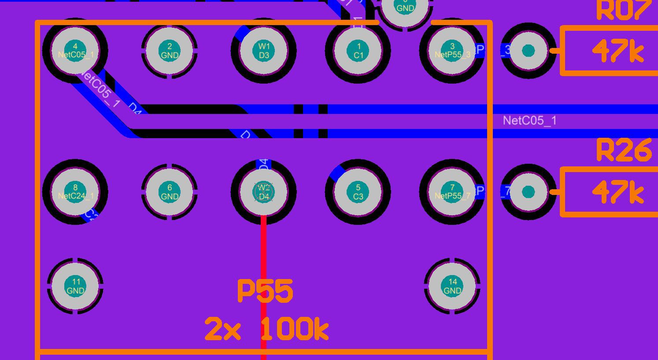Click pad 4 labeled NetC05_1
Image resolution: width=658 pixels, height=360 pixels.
[75, 51]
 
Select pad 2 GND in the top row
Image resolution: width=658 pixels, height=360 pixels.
[170, 51]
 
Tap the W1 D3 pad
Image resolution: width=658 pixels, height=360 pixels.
[264, 51]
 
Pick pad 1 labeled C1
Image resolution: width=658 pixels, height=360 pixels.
[358, 51]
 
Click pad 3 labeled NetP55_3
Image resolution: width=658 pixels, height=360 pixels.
[452, 51]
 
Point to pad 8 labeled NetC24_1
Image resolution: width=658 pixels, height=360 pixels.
[75, 192]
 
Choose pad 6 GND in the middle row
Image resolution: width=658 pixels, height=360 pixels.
[170, 192]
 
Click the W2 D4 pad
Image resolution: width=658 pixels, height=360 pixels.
[264, 192]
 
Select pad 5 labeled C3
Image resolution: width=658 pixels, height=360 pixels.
[358, 192]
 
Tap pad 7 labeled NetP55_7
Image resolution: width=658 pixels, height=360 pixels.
[452, 192]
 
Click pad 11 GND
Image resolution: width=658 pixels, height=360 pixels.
[75, 286]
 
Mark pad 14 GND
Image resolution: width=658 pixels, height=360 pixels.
[452, 286]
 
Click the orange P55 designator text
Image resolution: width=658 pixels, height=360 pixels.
[265, 291]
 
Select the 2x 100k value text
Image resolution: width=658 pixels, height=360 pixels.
[267, 330]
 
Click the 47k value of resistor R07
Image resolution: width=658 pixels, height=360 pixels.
[618, 51]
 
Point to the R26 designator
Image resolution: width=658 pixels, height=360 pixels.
[624, 150]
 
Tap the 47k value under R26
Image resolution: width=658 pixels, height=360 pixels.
[618, 192]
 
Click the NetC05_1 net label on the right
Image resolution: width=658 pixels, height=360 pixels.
[529, 121]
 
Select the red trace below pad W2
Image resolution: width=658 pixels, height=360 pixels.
[264, 246]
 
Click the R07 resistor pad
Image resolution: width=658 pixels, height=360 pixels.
[528, 51]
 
